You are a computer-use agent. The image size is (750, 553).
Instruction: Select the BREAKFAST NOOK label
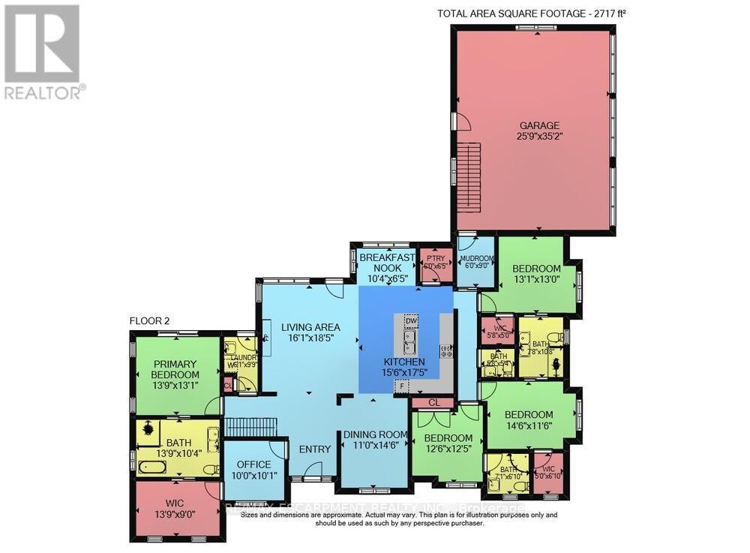pyautogui.click(x=387, y=263)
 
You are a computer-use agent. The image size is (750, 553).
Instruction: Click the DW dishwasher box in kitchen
pyautogui.click(x=410, y=321)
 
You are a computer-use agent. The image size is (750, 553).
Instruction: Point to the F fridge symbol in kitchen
pyautogui.click(x=403, y=386)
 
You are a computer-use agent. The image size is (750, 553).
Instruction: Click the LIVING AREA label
pyautogui.click(x=310, y=327)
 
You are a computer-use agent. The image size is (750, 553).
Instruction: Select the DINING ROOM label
pyautogui.click(x=375, y=434)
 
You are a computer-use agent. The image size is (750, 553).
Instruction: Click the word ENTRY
pyautogui.click(x=314, y=449)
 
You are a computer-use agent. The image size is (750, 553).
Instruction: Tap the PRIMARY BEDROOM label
pyautogui.click(x=175, y=370)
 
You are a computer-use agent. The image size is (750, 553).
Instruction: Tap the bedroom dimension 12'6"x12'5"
pyautogui.click(x=448, y=449)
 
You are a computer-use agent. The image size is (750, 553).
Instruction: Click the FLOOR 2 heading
pyautogui.click(x=150, y=320)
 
